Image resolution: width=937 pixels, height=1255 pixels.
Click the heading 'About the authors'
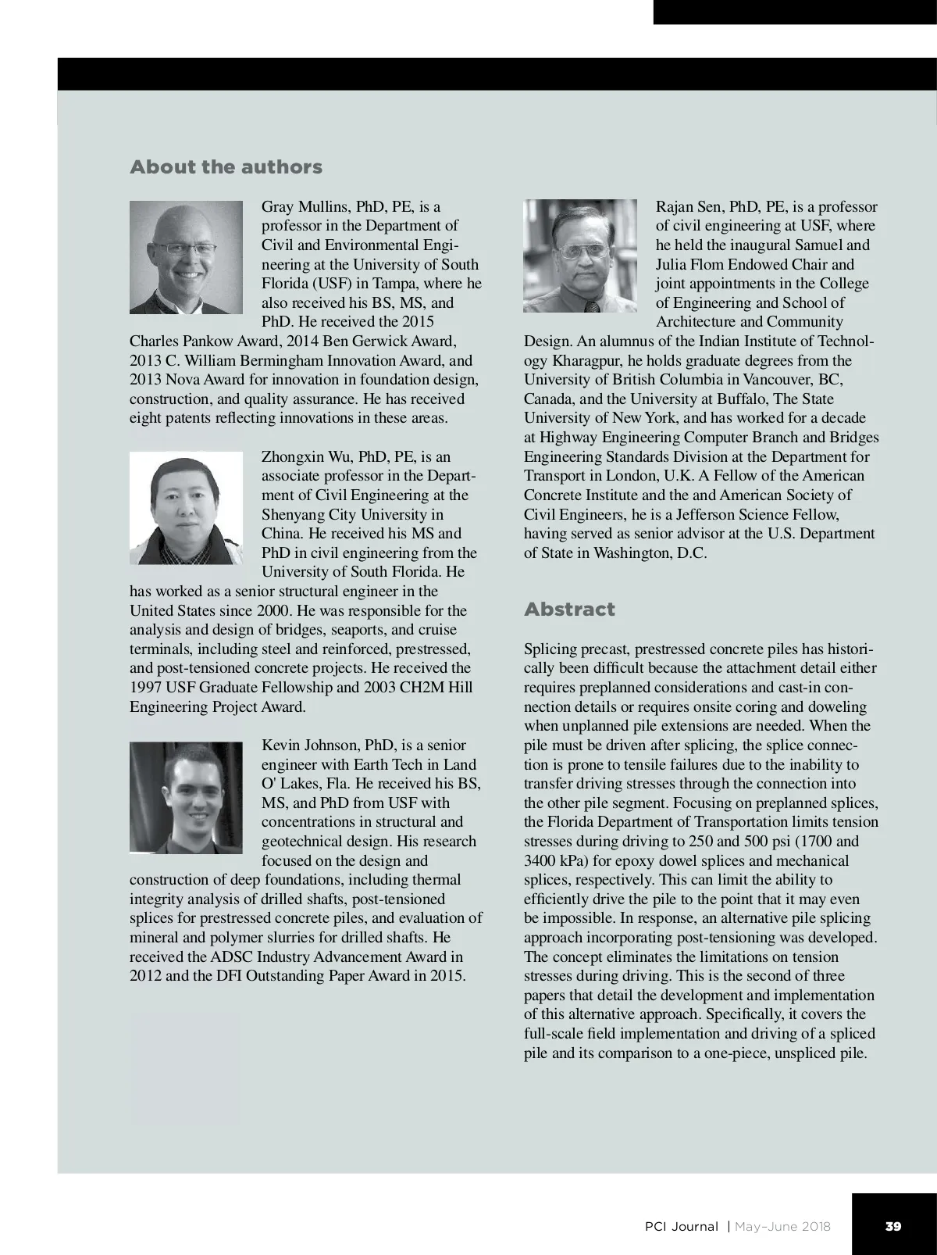click(x=226, y=167)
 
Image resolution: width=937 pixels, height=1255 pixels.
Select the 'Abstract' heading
click(x=569, y=610)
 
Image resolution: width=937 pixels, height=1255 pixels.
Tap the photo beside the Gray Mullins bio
click(x=186, y=257)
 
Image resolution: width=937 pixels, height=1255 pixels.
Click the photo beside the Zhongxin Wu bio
click(x=186, y=508)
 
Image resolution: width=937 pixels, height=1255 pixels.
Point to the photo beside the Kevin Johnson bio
click(x=186, y=797)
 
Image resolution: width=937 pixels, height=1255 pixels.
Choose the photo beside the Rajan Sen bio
click(x=580, y=256)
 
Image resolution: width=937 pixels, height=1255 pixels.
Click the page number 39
click(x=893, y=1226)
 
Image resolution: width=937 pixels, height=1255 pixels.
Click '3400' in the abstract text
click(x=541, y=861)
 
